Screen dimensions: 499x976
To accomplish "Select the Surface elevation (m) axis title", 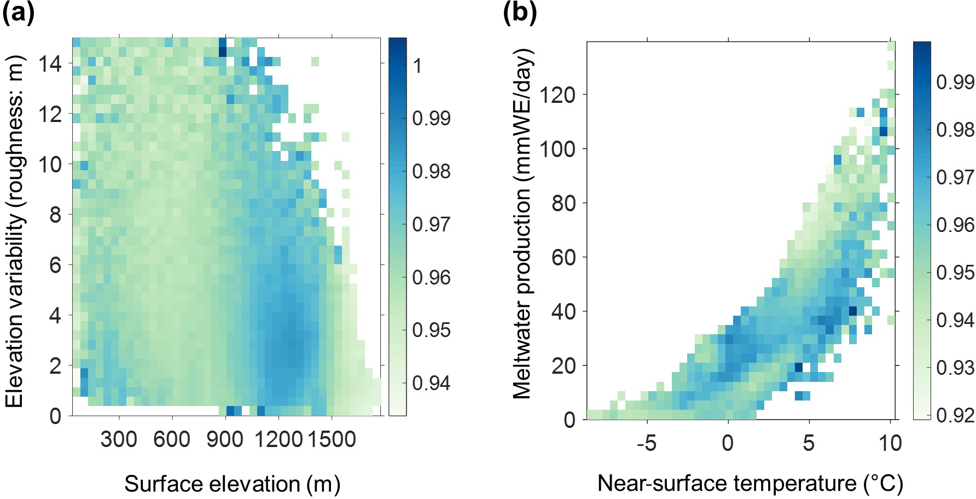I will click(x=232, y=484).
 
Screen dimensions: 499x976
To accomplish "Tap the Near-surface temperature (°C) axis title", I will click(x=750, y=483).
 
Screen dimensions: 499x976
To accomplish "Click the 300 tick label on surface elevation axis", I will click(x=119, y=439).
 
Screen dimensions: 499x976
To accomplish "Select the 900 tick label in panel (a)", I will click(x=225, y=439).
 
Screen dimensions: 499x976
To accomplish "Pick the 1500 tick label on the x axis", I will click(x=332, y=439).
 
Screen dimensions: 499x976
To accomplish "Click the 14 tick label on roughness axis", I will click(x=51, y=64).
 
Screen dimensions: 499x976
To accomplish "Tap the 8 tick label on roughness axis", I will click(x=56, y=215).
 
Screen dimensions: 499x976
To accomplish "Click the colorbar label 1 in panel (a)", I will click(x=418, y=66).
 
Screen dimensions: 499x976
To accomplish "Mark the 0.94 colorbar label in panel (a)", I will click(x=432, y=383).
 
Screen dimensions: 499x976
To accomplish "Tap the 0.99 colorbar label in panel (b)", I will click(x=955, y=82).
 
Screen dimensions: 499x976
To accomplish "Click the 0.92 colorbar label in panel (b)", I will click(x=955, y=415).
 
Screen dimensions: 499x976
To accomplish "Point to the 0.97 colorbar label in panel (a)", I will click(x=432, y=224).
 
